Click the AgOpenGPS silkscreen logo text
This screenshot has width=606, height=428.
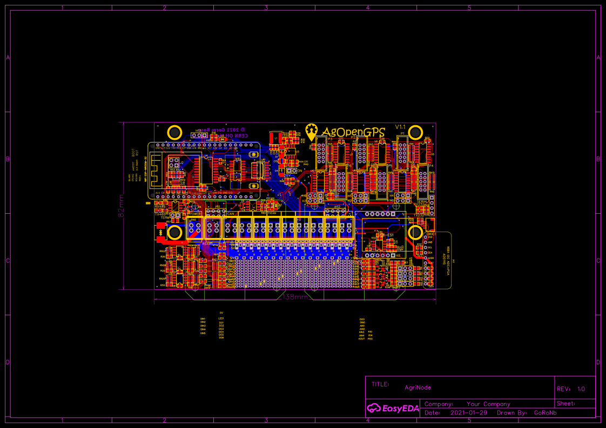pyautogui.click(x=353, y=132)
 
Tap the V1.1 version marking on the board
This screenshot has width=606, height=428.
pyautogui.click(x=400, y=127)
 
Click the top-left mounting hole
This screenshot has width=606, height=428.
pyautogui.click(x=174, y=132)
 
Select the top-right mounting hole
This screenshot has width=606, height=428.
pyautogui.click(x=416, y=132)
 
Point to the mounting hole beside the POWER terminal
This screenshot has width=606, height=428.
pyautogui.click(x=174, y=233)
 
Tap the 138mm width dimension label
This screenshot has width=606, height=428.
pyautogui.click(x=295, y=297)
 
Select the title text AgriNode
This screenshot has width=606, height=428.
pyautogui.click(x=418, y=387)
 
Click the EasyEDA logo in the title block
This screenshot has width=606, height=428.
pyautogui.click(x=393, y=408)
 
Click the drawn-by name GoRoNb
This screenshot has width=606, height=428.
pyautogui.click(x=545, y=413)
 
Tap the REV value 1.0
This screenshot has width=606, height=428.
pyautogui.click(x=581, y=389)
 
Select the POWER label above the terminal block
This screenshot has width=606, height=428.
pyautogui.click(x=195, y=214)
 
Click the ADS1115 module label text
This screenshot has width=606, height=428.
pyautogui.click(x=444, y=260)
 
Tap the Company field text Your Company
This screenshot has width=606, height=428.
pyautogui.click(x=488, y=404)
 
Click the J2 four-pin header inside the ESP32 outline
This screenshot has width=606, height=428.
pyautogui.click(x=174, y=163)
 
